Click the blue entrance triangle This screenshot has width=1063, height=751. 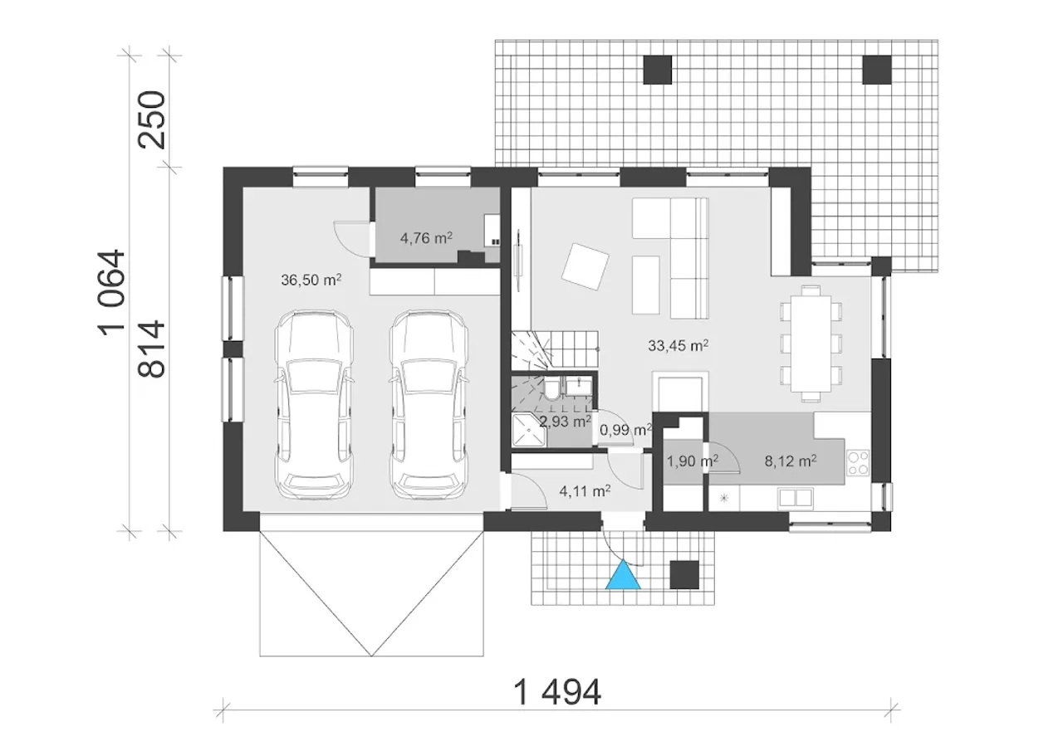[x=623, y=577]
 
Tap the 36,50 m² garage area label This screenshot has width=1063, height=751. [x=311, y=280]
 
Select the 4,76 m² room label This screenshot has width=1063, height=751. [x=426, y=238]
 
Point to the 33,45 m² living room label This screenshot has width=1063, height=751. [x=678, y=345]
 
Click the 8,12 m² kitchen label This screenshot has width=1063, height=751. [x=791, y=461]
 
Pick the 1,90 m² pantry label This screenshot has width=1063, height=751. [x=693, y=461]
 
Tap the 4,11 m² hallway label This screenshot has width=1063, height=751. [x=585, y=491]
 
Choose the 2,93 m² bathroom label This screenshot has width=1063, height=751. [x=566, y=421]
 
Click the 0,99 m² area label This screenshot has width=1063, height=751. [x=626, y=430]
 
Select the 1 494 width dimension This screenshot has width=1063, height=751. [x=557, y=693]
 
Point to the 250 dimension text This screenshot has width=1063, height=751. [x=152, y=120]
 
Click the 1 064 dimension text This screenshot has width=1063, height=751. [x=111, y=293]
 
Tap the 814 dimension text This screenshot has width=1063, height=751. [x=152, y=349]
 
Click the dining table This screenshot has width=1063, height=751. [x=811, y=344]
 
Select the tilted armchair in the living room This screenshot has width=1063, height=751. [x=585, y=266]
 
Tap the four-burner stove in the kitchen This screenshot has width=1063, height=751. [x=858, y=463]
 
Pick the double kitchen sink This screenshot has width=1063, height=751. [x=795, y=498]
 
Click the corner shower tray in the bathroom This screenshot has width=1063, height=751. [x=529, y=430]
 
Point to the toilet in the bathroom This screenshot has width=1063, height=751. [x=552, y=389]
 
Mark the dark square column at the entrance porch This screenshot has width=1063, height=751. [x=684, y=574]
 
